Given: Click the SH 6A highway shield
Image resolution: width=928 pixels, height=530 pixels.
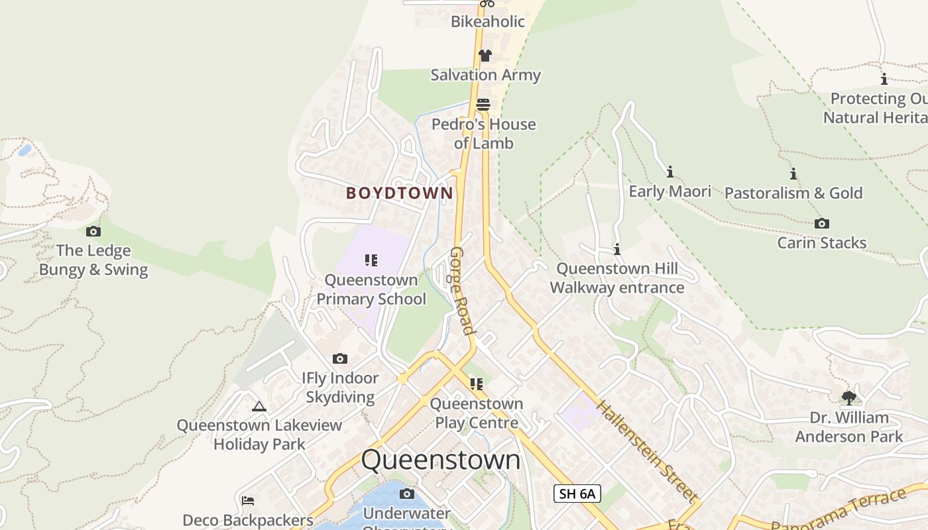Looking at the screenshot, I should click(577, 494).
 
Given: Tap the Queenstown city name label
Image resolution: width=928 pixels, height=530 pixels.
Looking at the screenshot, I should click(441, 460).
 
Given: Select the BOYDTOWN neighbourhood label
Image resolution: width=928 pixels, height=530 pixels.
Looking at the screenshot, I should click(400, 193).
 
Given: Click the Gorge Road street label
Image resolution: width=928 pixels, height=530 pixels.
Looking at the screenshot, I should click(463, 291).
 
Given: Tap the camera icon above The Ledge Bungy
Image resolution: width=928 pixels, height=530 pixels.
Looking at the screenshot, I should click(93, 231).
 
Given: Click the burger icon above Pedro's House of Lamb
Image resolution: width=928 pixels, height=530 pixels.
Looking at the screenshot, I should click(483, 105).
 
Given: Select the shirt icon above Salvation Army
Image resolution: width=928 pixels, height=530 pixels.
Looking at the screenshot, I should click(485, 56).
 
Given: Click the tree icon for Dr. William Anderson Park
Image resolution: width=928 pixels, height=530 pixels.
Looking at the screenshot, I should click(848, 398).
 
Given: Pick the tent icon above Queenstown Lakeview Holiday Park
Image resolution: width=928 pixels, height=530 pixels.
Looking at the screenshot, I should click(259, 406).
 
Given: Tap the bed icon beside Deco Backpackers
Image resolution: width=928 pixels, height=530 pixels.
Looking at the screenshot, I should click(248, 501).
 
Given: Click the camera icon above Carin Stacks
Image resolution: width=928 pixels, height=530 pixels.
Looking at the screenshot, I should click(822, 224).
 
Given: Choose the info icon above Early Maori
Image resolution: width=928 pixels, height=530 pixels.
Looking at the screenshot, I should click(670, 172).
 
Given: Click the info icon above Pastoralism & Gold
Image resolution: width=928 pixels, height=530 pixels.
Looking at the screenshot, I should click(793, 174).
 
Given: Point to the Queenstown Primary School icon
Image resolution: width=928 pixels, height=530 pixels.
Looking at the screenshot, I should click(371, 260).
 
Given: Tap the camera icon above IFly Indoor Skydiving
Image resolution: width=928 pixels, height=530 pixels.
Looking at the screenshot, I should click(340, 359).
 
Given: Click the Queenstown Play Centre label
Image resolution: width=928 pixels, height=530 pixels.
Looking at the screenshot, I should click(477, 413).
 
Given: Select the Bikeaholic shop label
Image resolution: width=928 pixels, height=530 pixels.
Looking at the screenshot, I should click(488, 22).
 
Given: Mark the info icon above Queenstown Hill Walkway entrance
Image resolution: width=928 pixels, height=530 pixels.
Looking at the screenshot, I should click(617, 250).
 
